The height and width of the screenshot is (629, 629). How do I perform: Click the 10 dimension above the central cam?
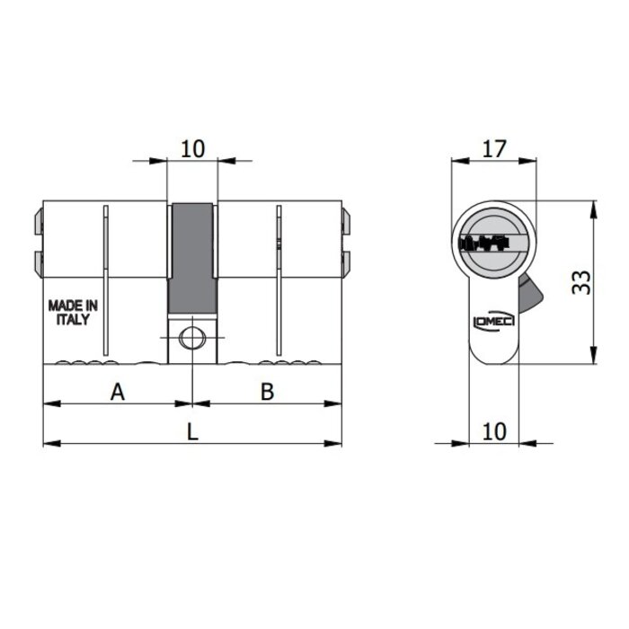click(192, 148)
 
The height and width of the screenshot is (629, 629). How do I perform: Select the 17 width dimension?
click(493, 149)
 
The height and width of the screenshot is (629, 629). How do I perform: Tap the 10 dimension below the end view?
click(493, 430)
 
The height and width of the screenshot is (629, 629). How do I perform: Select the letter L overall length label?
click(192, 431)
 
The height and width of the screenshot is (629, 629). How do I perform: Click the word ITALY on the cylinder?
click(73, 320)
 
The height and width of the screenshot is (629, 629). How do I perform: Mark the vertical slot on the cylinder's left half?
click(105, 279)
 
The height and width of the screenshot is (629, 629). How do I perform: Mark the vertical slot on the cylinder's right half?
click(279, 279)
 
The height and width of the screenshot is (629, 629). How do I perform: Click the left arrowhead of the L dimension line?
click(48, 443)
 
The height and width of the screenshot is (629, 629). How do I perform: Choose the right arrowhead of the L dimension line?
click(339, 443)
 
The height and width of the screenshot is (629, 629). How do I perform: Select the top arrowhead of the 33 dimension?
click(593, 207)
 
